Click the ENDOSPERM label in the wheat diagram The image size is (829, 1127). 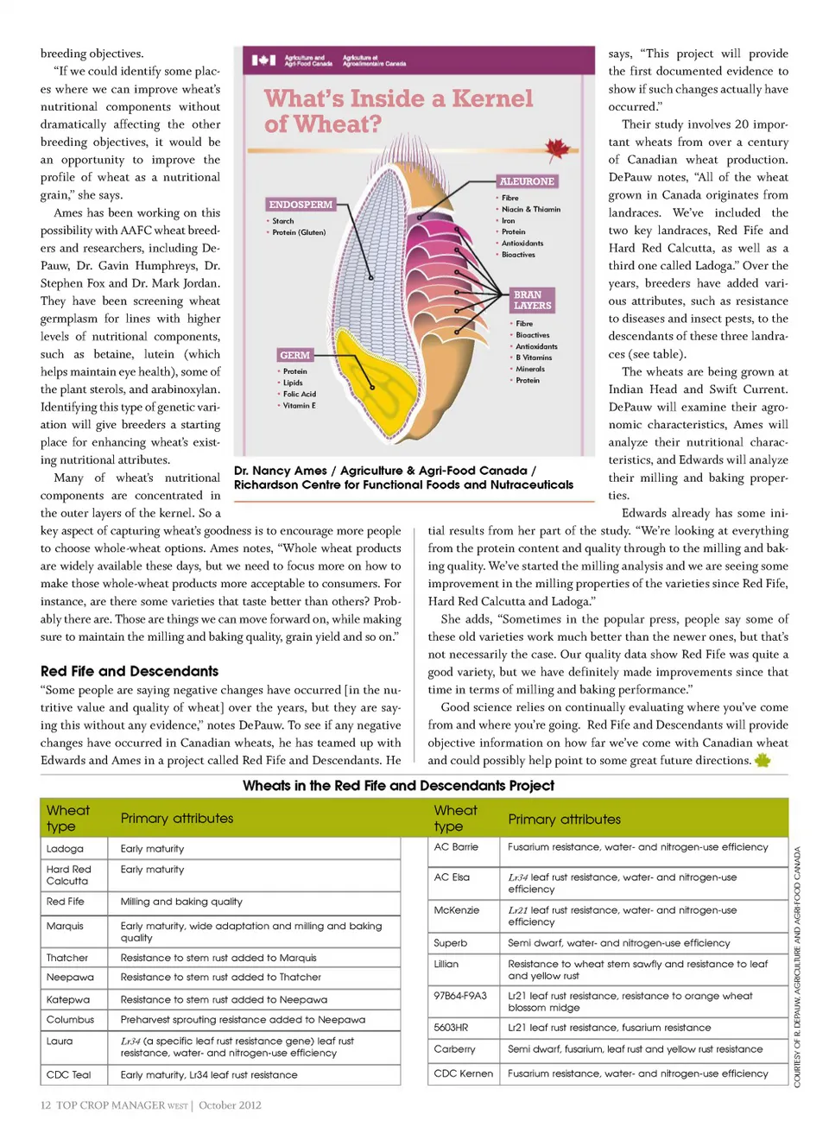coord(300,205)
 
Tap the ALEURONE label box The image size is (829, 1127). coord(527,181)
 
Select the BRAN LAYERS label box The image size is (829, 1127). coord(532,300)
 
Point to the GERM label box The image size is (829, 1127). coord(294,355)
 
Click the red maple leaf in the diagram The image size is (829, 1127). coord(556,149)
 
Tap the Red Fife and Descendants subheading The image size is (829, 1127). coord(130,671)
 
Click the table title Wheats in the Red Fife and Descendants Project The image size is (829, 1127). coord(398,785)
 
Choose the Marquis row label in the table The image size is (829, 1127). coord(66,926)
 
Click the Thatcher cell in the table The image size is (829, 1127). coord(67,958)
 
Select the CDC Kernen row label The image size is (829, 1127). coord(464,1073)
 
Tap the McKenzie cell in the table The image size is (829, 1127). coord(457,910)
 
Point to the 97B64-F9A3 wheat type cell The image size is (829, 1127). coord(460,996)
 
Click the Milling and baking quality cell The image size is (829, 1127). coord(181,902)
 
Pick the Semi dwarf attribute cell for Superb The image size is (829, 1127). coord(618,943)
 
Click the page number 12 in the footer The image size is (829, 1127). coord(46,1105)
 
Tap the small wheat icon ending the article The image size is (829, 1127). coord(763,760)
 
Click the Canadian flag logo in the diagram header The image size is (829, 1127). coord(263,60)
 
